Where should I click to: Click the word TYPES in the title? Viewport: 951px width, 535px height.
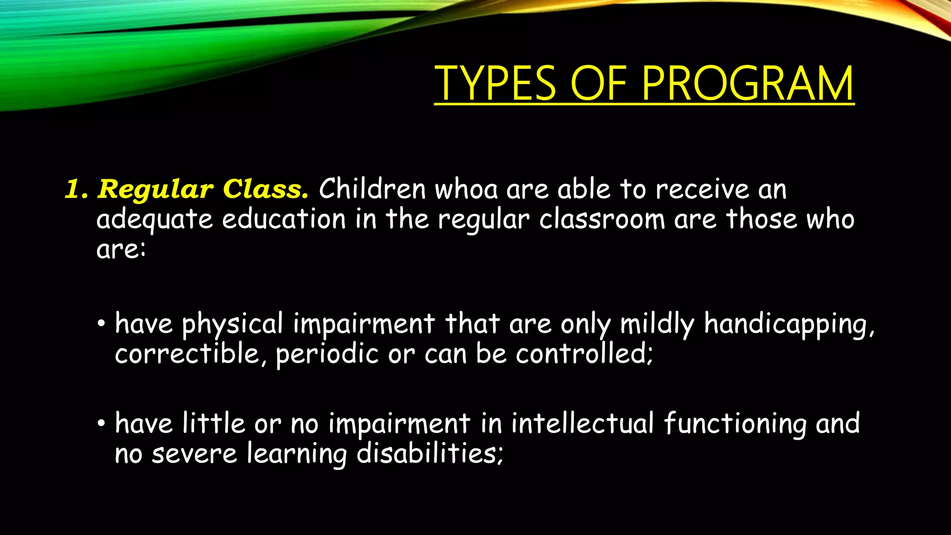tap(495, 84)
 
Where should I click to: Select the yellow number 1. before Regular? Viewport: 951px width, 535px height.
tap(76, 189)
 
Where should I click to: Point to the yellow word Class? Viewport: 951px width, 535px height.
tap(266, 189)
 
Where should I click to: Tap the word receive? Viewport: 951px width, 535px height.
tap(702, 189)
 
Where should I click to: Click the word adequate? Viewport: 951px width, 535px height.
tap(154, 220)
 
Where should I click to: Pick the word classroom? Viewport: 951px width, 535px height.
tap(602, 219)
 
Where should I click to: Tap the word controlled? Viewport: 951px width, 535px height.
tap(584, 354)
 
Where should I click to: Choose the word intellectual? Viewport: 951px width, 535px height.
tap(583, 424)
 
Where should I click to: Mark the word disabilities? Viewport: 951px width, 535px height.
tap(430, 453)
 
